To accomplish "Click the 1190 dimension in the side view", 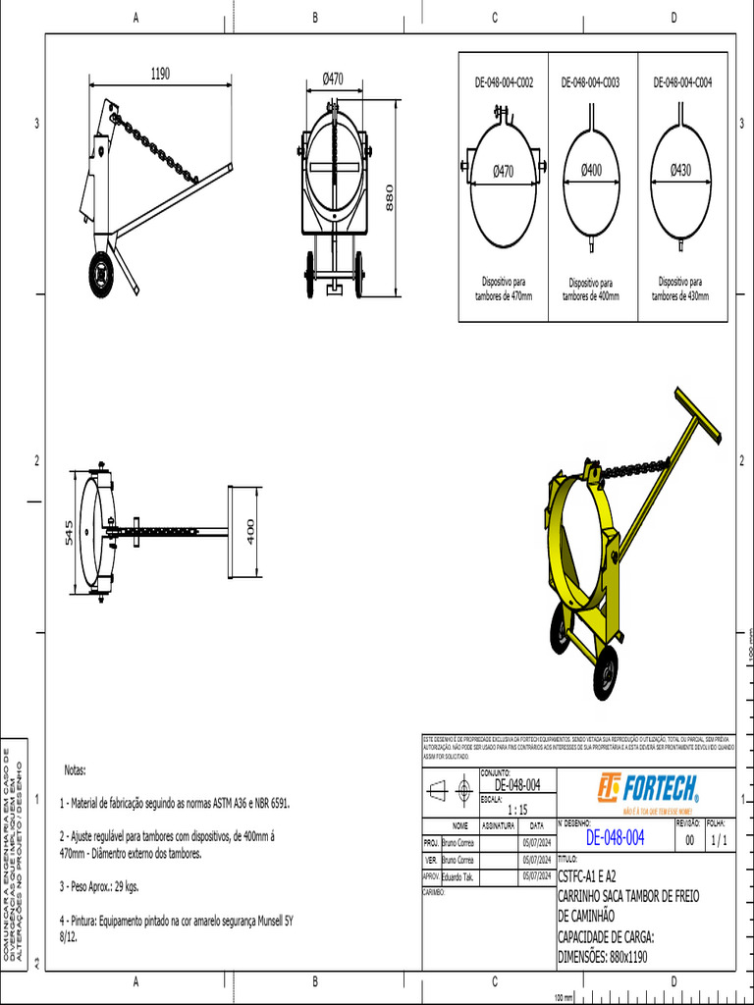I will click(x=160, y=74).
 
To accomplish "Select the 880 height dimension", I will click(x=389, y=198).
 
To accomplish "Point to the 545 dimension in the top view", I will click(x=69, y=533).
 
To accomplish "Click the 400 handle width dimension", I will click(x=250, y=532).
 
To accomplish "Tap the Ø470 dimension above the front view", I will click(x=333, y=79).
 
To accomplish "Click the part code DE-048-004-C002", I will click(x=504, y=83).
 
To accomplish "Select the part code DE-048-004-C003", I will click(x=590, y=83).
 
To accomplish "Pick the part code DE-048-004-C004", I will click(x=682, y=83).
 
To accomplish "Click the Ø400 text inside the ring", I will click(x=591, y=170).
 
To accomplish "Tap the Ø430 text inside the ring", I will click(x=681, y=170).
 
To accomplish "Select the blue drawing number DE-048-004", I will click(x=615, y=837).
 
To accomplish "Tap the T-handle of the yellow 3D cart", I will click(x=696, y=414).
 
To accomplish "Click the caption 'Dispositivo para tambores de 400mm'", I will click(x=591, y=289).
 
